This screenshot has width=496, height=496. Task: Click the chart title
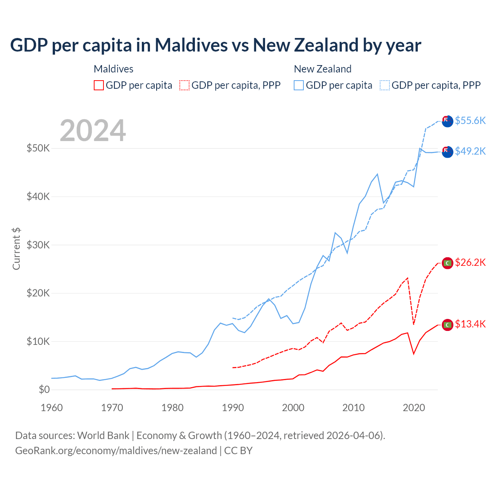[215, 45]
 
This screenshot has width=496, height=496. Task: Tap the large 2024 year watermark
[93, 131]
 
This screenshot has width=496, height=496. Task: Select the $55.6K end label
[470, 121]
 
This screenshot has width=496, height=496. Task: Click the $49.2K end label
[470, 151]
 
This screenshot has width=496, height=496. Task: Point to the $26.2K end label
[470, 262]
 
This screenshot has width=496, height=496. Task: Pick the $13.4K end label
[470, 324]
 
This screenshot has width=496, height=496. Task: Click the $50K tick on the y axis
[38, 148]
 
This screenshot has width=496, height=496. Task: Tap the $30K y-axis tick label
[38, 245]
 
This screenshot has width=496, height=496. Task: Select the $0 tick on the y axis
[44, 389]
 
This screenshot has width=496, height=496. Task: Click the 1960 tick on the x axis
[52, 408]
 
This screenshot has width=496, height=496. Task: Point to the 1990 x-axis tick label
[233, 408]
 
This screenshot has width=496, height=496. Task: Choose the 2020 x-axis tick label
[414, 408]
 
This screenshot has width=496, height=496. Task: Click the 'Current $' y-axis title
[16, 249]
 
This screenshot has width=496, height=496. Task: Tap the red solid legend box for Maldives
[99, 85]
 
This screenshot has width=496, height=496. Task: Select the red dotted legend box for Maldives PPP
[184, 85]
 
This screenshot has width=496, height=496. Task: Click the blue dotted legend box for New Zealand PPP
[385, 85]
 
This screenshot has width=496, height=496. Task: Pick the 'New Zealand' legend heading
[322, 69]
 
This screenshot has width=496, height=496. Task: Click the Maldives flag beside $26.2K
[448, 263]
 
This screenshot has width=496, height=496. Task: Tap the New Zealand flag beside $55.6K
[448, 121]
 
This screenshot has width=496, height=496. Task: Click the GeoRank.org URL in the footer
[116, 451]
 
